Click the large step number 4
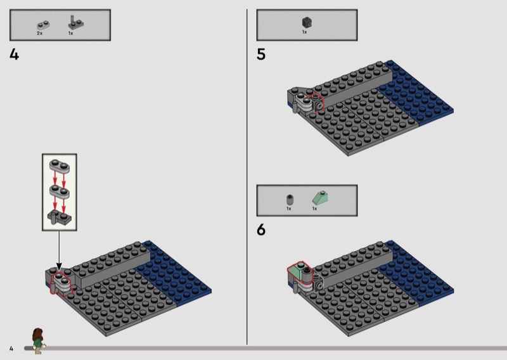point(14,55)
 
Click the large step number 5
point(261,55)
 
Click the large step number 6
point(261,229)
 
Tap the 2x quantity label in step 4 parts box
point(39,34)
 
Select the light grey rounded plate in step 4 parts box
point(43,25)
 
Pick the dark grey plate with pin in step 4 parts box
point(75,22)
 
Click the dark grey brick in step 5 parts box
point(307,22)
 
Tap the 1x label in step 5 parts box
point(304,32)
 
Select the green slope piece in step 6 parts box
point(320,198)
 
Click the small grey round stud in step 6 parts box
point(290,199)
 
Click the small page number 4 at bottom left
point(11,349)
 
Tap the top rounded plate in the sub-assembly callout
point(59,166)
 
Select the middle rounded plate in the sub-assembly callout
point(59,191)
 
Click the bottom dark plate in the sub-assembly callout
point(60,217)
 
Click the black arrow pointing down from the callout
point(59,250)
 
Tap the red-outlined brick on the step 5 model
point(317,103)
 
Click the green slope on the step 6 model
point(299,273)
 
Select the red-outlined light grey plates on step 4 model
point(61,283)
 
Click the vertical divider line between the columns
point(247,177)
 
